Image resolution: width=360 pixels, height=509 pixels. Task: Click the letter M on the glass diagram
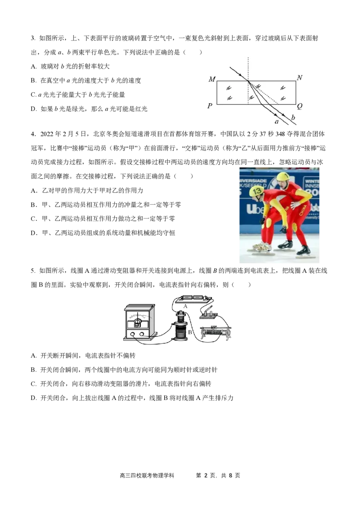pos(212,79)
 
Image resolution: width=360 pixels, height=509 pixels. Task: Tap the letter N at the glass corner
pos(300,78)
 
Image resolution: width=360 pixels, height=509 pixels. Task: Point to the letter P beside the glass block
pos(210,106)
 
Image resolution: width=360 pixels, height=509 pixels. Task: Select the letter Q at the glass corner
pos(300,107)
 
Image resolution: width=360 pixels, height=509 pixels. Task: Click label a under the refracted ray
pos(277,122)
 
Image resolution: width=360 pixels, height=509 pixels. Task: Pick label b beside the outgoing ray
pos(293,117)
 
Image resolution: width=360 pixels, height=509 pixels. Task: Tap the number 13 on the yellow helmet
pos(257,191)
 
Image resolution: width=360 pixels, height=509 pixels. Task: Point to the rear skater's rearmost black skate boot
pos(303,250)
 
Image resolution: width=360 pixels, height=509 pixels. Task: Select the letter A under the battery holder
pos(185,306)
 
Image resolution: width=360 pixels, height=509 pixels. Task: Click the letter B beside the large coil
pos(190,332)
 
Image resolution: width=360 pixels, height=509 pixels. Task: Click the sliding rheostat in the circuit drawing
pos(216,333)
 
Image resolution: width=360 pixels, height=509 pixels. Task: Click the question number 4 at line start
pos(33,134)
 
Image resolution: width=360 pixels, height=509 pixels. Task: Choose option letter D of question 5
pos(33,398)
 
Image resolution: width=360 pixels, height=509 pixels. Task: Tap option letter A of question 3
pos(33,67)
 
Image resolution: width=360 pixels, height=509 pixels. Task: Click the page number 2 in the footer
pos(206,476)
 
